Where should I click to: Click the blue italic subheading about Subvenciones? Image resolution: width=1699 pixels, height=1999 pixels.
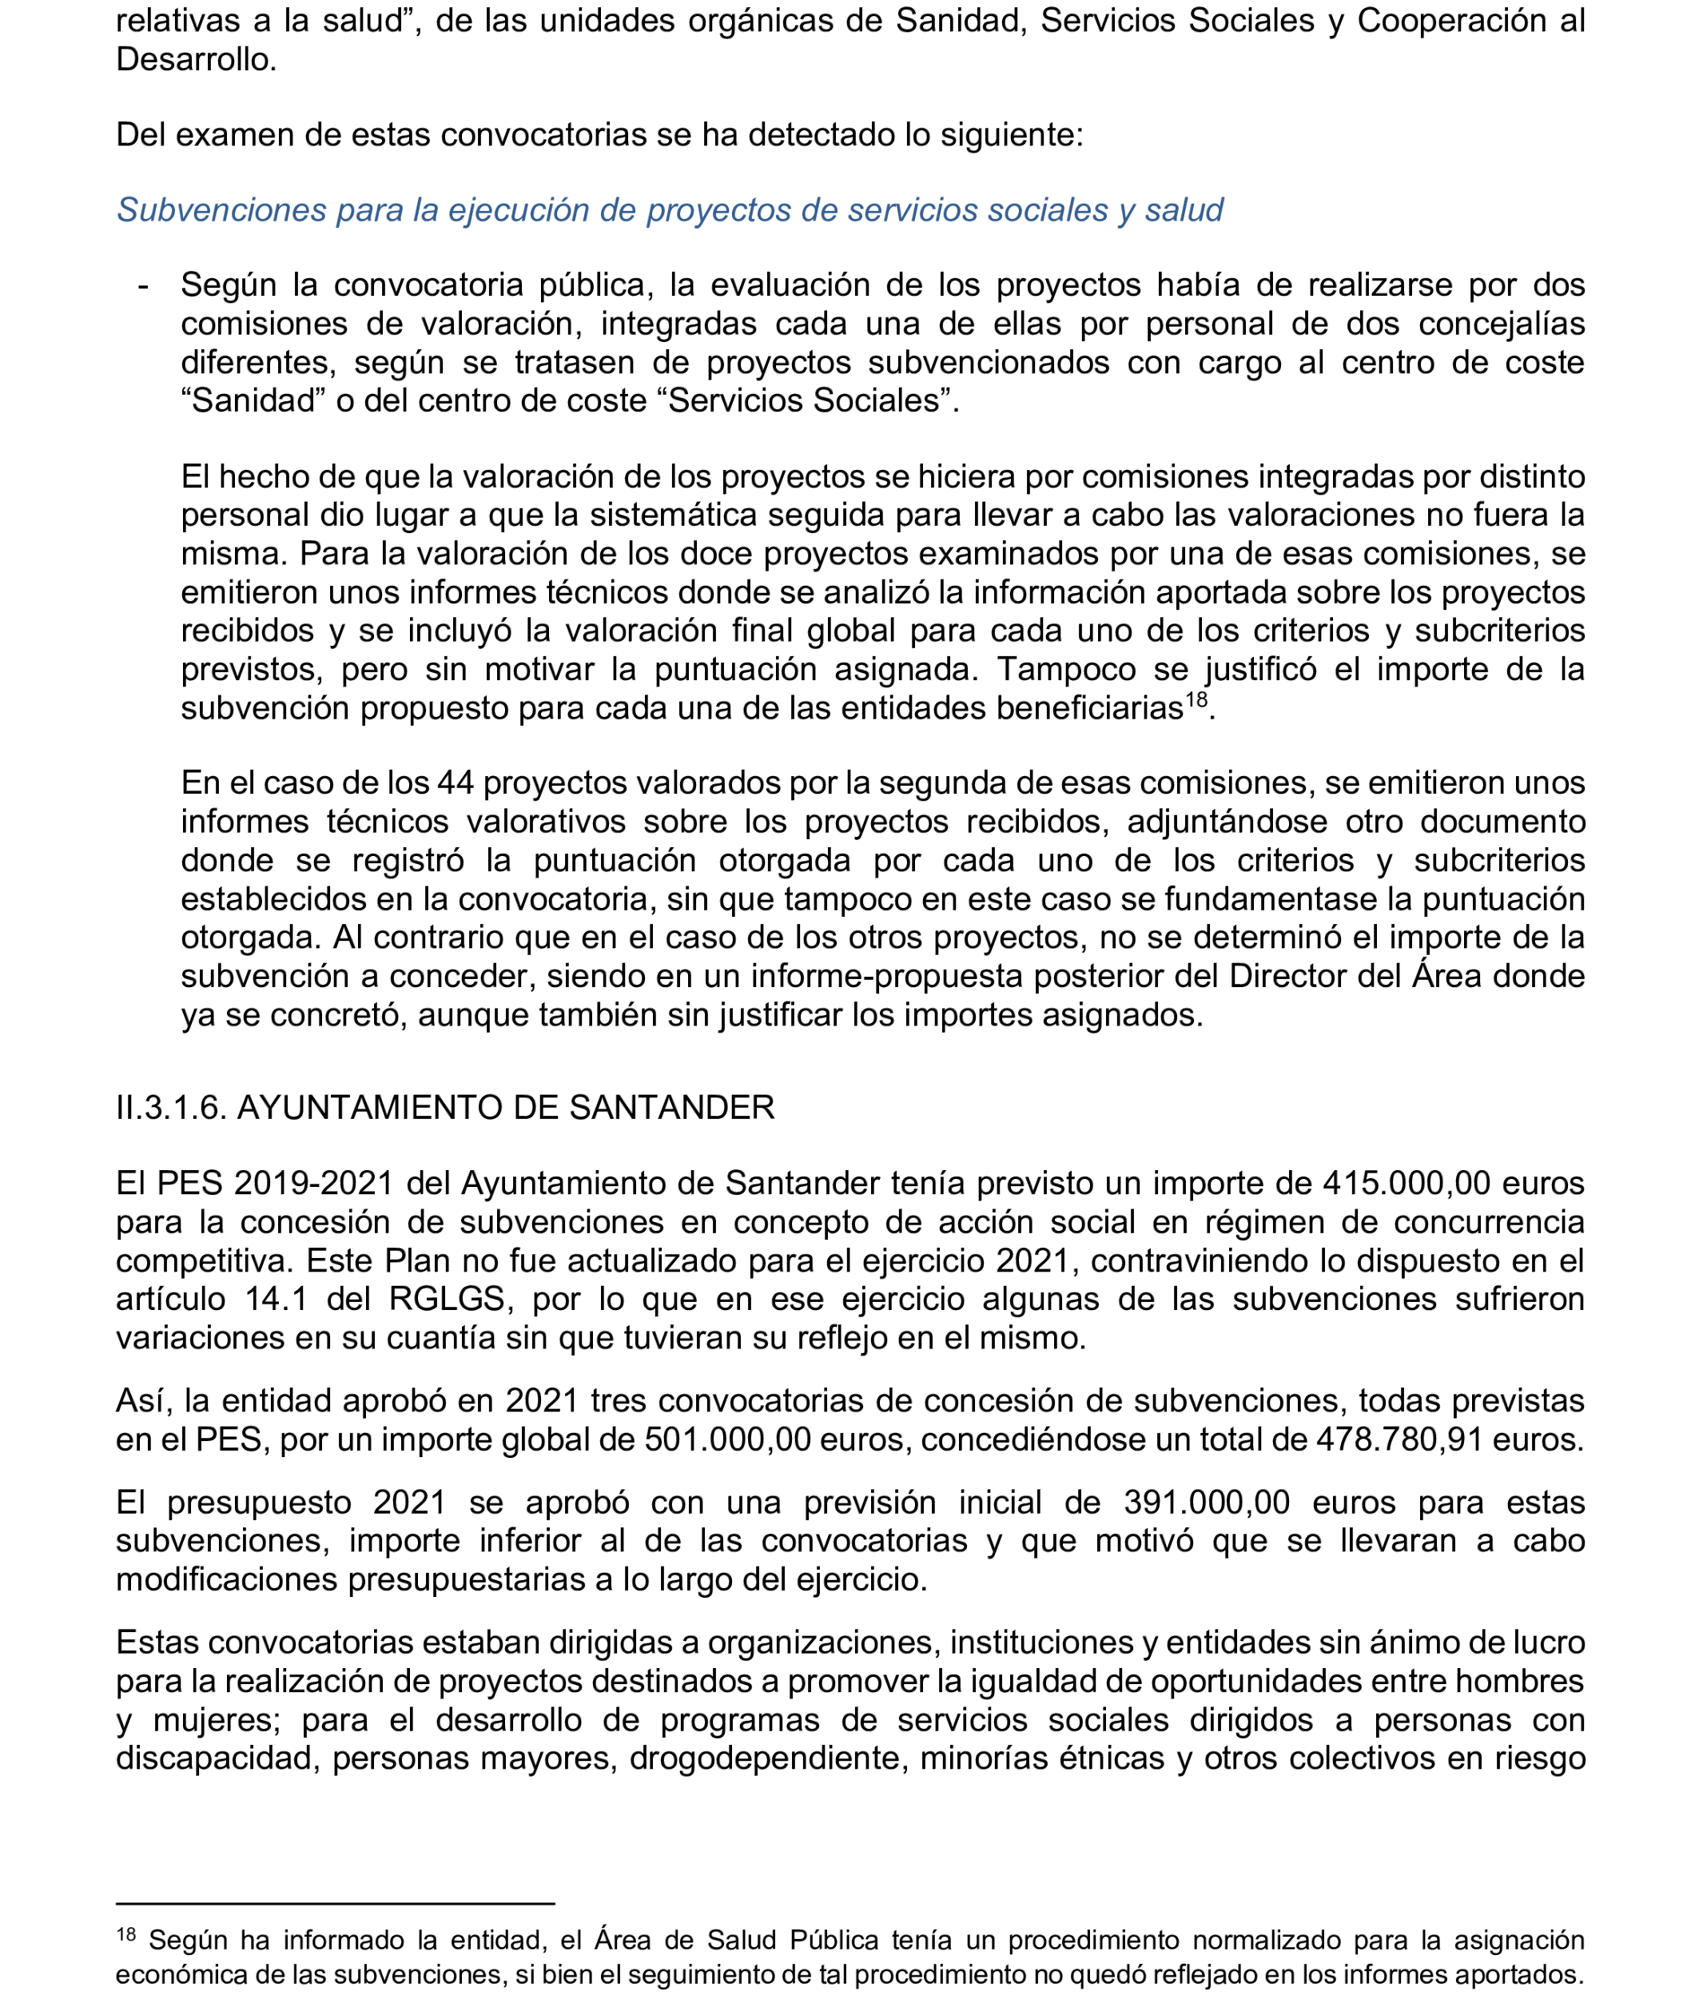coord(670,210)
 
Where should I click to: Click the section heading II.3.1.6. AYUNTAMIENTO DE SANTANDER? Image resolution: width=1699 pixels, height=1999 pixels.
coord(445,1108)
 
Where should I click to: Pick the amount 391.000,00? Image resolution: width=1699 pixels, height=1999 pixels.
coord(1206,1503)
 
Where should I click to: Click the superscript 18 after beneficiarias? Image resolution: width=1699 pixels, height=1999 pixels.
coord(1196,699)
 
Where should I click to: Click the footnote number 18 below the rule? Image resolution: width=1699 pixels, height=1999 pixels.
coord(126,1934)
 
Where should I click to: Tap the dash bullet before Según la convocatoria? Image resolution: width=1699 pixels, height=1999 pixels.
coord(144,286)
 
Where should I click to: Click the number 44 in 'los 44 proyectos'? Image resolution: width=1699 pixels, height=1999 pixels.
coord(456,783)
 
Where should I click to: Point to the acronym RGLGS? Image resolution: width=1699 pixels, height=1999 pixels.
coord(447,1299)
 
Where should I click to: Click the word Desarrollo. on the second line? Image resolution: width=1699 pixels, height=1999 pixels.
coord(197,60)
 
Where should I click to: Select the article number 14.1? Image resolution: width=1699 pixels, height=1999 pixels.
coord(276,1299)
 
